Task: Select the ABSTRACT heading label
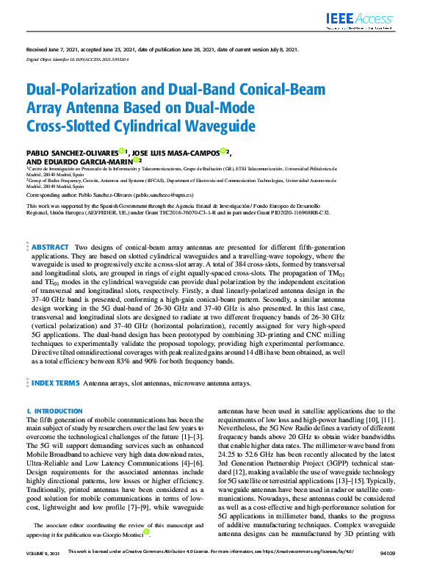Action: [51, 247]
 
